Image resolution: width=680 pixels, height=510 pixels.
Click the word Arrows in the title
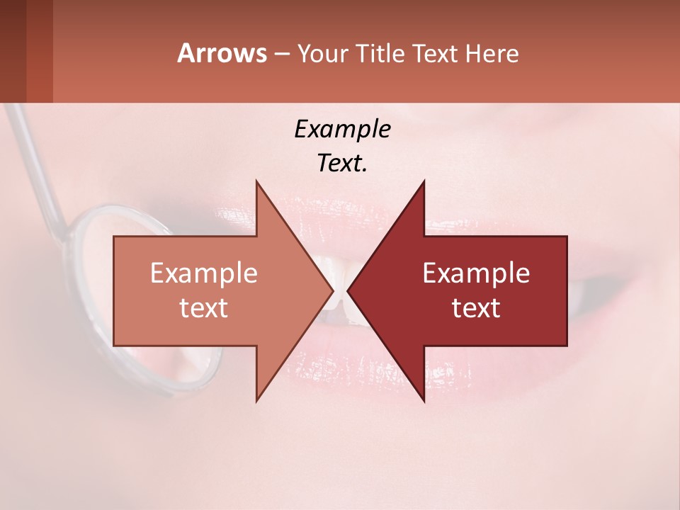(221, 53)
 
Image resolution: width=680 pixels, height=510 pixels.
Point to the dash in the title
(281, 54)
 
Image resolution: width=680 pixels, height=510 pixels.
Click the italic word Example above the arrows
(342, 129)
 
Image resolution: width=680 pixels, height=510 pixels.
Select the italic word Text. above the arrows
(342, 163)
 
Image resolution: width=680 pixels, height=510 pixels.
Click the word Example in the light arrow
(204, 273)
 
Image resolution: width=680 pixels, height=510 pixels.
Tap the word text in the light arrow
(204, 307)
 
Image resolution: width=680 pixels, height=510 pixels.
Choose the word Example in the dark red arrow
(476, 273)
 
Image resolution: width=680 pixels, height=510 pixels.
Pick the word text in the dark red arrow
(476, 307)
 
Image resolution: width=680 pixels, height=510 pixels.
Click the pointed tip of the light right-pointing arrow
(332, 290)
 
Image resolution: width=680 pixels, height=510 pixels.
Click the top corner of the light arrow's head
(256, 181)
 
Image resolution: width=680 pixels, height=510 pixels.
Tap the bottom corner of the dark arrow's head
(424, 401)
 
